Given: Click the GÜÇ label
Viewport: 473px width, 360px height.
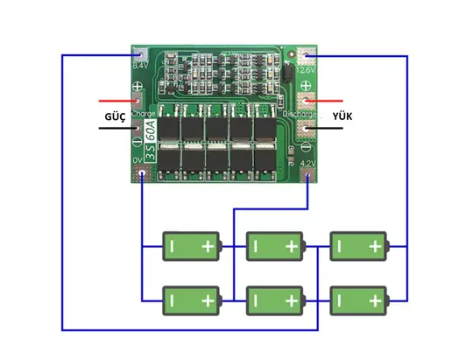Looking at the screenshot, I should (116, 116).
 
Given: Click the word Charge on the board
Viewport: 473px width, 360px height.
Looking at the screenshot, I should (145, 114).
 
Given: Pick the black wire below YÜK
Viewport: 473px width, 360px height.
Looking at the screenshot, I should (331, 130).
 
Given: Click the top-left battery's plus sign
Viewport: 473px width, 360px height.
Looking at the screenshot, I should (208, 247).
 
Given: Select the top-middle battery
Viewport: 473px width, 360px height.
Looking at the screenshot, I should (274, 247).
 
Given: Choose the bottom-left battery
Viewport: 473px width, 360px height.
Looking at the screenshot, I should (191, 302).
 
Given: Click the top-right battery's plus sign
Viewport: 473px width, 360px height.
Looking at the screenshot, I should (375, 247).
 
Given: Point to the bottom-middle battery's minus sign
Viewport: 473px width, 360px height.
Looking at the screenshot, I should (255, 302).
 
